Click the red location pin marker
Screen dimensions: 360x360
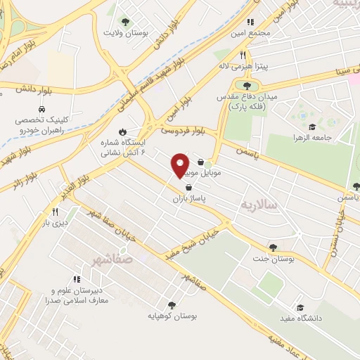[x=181, y=165]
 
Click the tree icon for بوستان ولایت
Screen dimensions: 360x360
[x=126, y=22]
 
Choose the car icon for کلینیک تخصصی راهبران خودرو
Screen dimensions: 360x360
[x=42, y=110]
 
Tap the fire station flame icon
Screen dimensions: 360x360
[x=122, y=131]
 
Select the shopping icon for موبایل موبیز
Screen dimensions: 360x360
[x=201, y=161]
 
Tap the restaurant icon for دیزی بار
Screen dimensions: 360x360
[x=54, y=212]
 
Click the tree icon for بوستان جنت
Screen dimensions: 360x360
[x=272, y=247]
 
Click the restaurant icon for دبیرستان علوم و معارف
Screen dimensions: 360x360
[x=77, y=279]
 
